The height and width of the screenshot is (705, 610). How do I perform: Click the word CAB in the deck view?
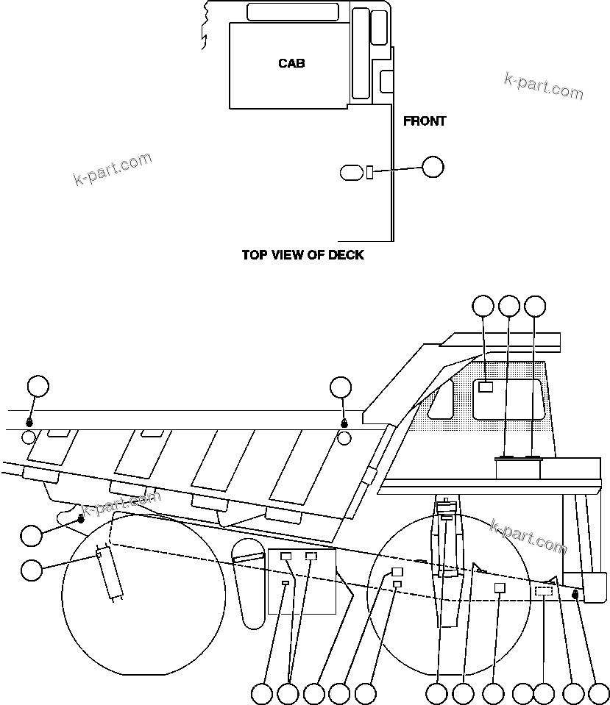[291, 63]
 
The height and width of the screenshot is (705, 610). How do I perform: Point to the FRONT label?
[425, 121]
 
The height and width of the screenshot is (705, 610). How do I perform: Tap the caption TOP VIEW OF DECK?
[303, 255]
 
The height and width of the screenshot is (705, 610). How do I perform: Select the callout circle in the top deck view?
[433, 167]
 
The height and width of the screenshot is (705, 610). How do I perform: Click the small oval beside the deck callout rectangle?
[352, 172]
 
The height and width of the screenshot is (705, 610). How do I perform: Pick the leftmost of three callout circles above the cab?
[483, 307]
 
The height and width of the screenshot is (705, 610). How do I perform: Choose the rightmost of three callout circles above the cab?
[535, 307]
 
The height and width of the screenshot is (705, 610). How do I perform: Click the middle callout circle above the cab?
[510, 307]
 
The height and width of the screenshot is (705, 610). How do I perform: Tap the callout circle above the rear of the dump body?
[38, 386]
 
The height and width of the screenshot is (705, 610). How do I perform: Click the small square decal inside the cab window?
[486, 387]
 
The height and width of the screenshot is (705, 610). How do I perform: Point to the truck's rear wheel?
[143, 595]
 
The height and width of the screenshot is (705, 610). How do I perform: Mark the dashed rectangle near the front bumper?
[544, 591]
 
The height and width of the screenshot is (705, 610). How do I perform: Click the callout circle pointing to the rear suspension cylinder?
[32, 570]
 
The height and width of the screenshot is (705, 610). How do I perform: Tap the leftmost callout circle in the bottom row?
[261, 694]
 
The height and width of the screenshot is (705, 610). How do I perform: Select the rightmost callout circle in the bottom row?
[599, 694]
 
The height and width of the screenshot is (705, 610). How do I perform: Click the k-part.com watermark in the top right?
[543, 87]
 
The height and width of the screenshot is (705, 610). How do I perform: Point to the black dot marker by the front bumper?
[575, 595]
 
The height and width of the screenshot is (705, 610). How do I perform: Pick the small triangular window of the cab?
[441, 400]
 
